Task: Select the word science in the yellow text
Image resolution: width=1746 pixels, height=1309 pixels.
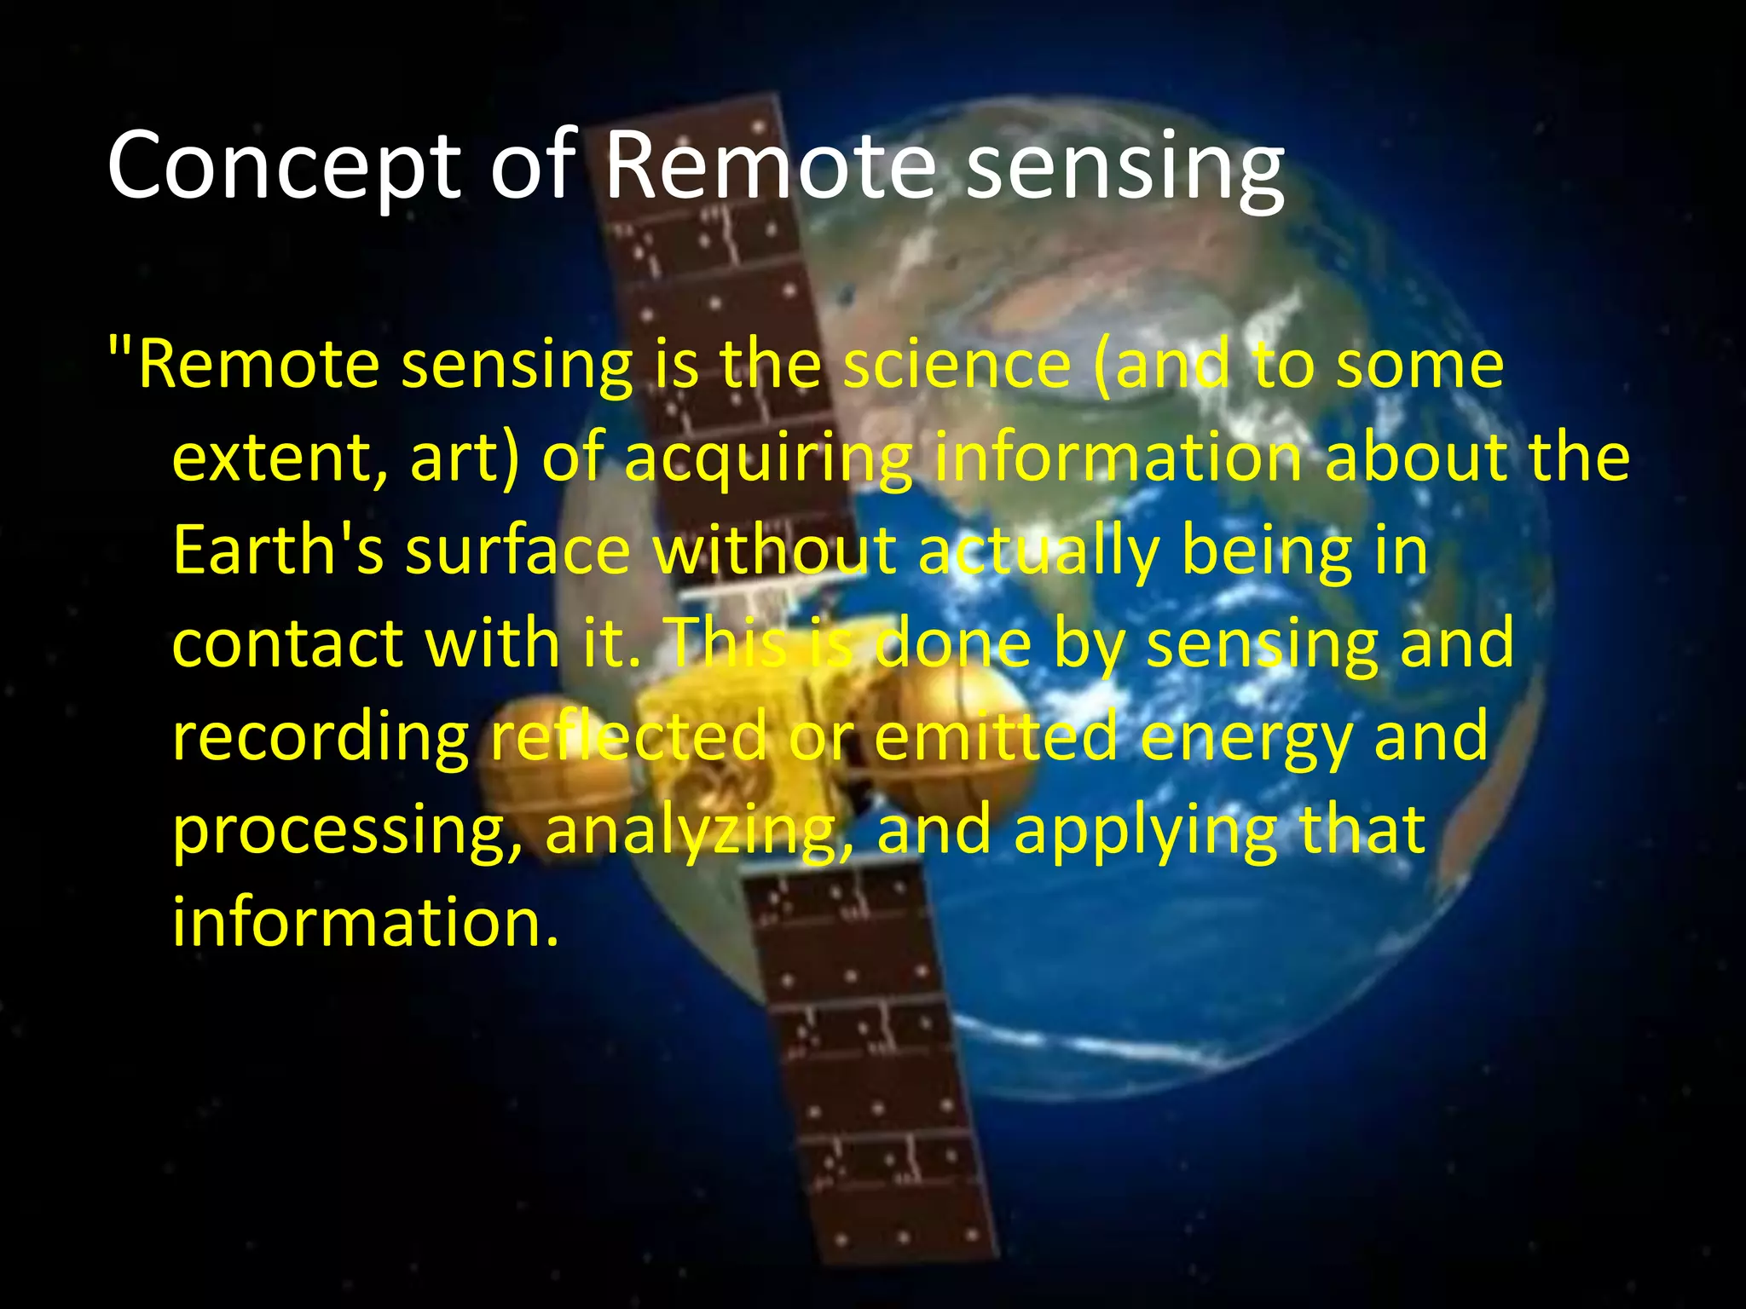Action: tap(957, 365)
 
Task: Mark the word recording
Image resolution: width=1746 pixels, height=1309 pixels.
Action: tap(321, 738)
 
